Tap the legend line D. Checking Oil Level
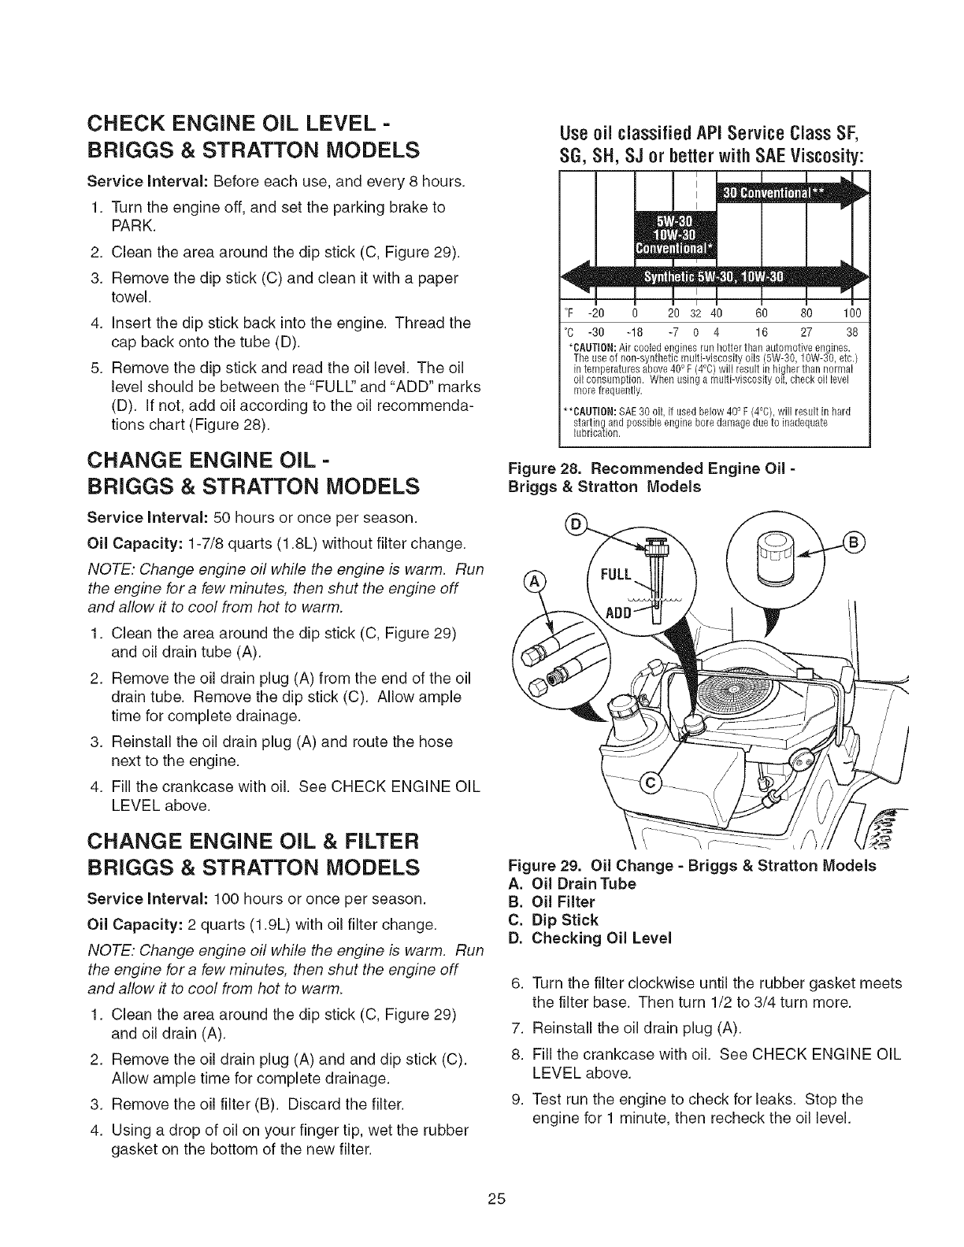coord(591,938)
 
